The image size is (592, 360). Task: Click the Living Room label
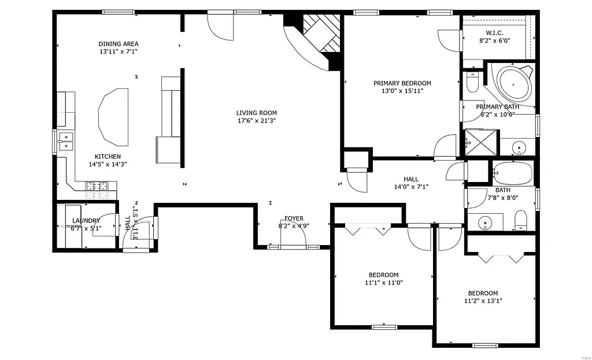(256, 113)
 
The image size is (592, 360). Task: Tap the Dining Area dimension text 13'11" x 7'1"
(118, 52)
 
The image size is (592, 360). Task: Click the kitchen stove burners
(97, 186)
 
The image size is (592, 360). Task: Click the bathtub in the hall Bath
(513, 172)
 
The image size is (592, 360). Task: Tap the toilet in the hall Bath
(520, 220)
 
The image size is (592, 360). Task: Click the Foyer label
(294, 218)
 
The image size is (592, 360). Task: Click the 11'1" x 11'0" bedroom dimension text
(384, 283)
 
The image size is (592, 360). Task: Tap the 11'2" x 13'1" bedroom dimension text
(483, 300)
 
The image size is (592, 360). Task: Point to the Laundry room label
(86, 221)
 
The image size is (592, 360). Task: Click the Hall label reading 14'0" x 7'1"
(410, 187)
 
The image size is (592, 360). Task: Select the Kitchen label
(108, 157)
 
